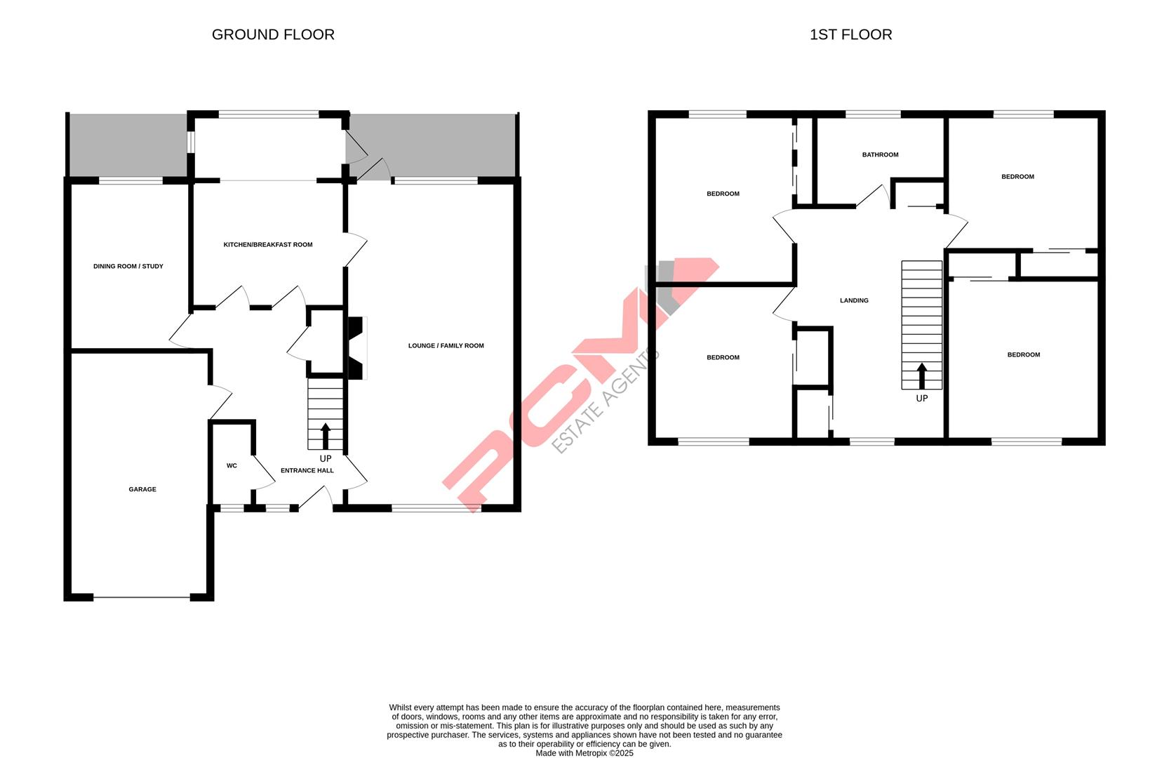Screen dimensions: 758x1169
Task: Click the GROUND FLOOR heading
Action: pos(273,34)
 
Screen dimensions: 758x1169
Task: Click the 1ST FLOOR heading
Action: pos(850,34)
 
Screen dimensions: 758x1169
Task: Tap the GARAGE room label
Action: pos(142,489)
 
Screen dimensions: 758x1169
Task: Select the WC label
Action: pos(232,465)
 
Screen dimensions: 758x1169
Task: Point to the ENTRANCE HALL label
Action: pos(307,470)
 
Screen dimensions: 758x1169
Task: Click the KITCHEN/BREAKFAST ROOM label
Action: pos(268,245)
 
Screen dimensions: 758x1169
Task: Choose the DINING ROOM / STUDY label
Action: pos(128,266)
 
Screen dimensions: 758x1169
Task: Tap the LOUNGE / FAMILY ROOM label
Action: pos(446,345)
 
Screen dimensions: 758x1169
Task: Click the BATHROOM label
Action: pos(880,154)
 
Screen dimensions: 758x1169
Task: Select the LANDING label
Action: pos(854,300)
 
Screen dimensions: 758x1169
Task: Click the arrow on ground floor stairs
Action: pos(326,435)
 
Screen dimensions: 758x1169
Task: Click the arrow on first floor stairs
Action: pos(921,375)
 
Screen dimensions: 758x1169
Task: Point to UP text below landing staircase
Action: pos(921,398)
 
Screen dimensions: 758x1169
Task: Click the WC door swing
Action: pos(263,473)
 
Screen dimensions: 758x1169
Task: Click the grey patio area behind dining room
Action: pos(127,145)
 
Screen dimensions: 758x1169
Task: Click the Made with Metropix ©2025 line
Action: pos(584,752)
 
